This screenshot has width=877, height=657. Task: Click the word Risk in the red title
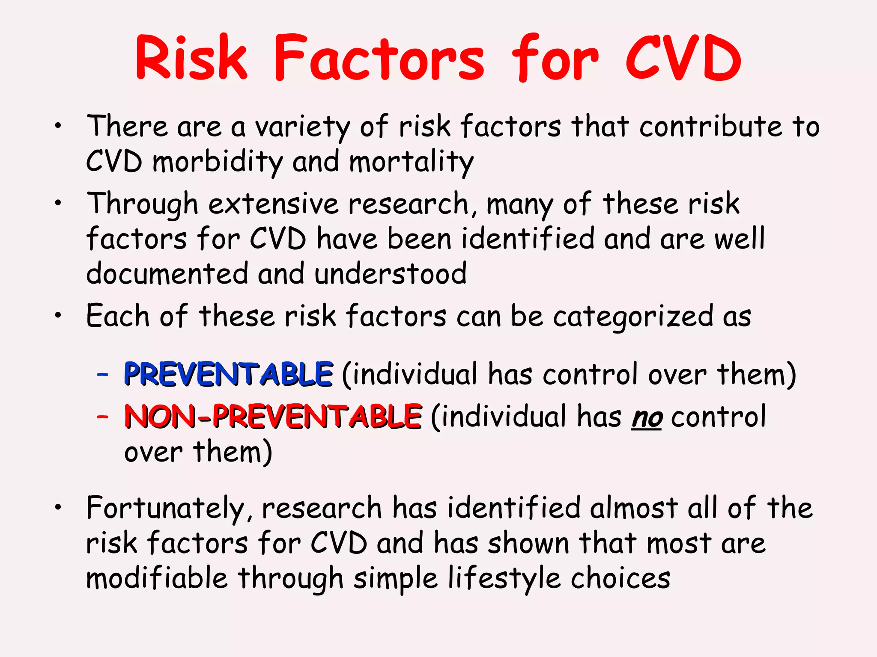click(x=191, y=58)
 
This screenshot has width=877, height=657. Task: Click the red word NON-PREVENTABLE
click(x=273, y=416)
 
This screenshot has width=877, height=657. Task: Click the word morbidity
click(x=218, y=163)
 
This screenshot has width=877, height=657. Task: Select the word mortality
click(x=411, y=163)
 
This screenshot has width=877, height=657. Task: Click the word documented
click(x=167, y=274)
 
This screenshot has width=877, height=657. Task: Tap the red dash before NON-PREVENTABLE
click(x=102, y=416)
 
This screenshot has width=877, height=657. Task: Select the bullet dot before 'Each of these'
click(x=58, y=316)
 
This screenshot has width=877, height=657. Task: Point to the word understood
click(x=390, y=274)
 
